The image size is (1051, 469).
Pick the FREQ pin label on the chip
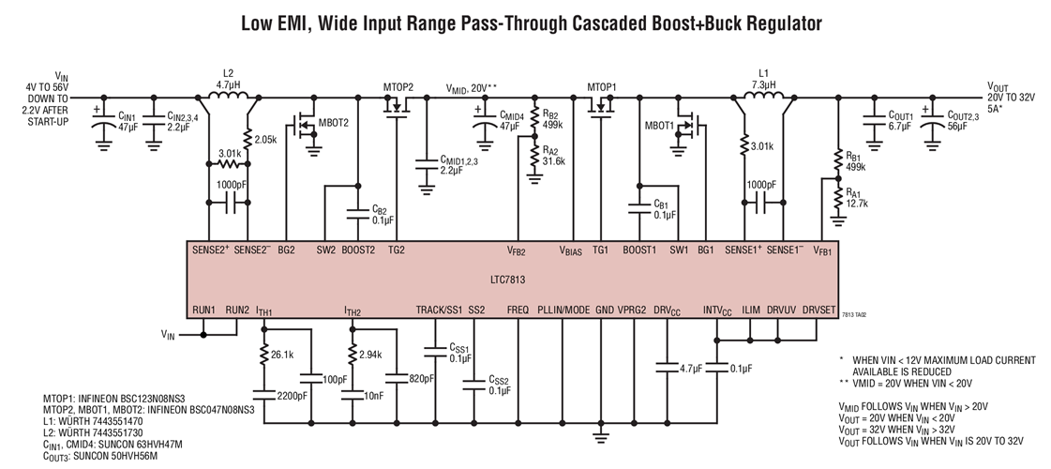(x=518, y=309)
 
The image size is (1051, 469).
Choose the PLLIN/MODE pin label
(x=563, y=309)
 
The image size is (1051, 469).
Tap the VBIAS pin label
(x=572, y=250)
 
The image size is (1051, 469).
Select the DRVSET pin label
(x=820, y=309)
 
